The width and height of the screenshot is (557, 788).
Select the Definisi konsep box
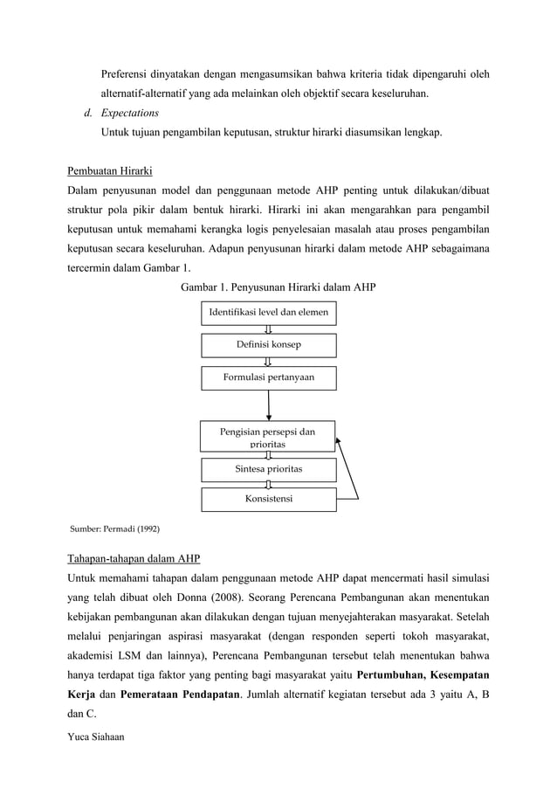point(269,345)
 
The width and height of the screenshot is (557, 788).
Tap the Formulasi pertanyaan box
point(269,377)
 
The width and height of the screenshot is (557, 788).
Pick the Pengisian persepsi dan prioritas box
point(268,437)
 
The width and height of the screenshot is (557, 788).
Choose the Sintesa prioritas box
point(269,468)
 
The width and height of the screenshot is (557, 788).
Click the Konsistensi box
point(269,500)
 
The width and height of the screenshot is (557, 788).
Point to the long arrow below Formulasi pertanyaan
point(269,405)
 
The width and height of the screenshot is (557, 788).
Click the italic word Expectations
point(129,113)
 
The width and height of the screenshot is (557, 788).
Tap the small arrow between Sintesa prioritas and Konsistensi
point(268,484)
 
